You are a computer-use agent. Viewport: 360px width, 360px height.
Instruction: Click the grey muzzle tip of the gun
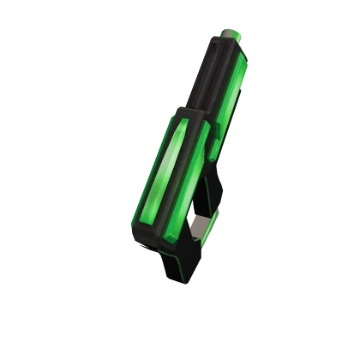pos(232,33)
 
